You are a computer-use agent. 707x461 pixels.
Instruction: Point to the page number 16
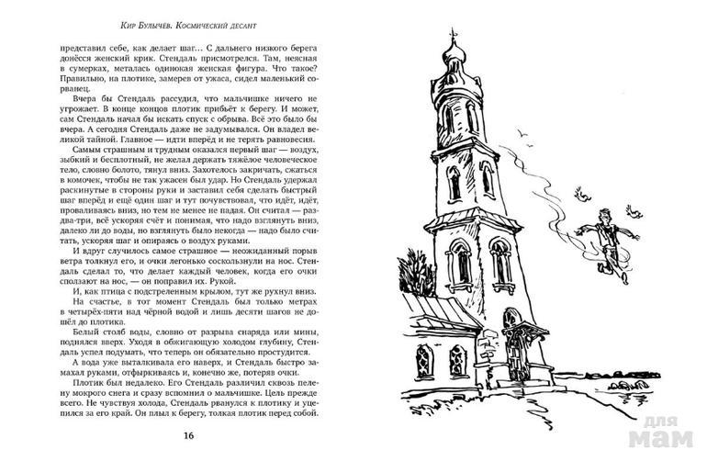click(188, 434)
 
